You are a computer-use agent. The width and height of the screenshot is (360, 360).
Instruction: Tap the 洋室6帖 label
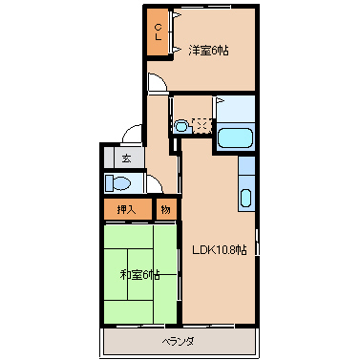[x=207, y=50]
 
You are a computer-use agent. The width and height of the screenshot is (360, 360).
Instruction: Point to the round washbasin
[x=181, y=125]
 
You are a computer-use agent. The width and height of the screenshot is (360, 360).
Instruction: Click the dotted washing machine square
[x=201, y=124]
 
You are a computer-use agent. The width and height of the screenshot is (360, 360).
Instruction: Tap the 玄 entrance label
[x=125, y=159]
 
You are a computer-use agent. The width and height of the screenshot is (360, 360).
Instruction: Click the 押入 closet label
[x=126, y=209]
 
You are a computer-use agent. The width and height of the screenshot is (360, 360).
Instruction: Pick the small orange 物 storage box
[x=165, y=209]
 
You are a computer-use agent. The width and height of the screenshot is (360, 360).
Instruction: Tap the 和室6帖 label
[x=139, y=274]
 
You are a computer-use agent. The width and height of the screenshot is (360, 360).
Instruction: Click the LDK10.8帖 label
[x=220, y=250]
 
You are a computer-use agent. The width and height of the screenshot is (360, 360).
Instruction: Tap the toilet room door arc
[x=152, y=184]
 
